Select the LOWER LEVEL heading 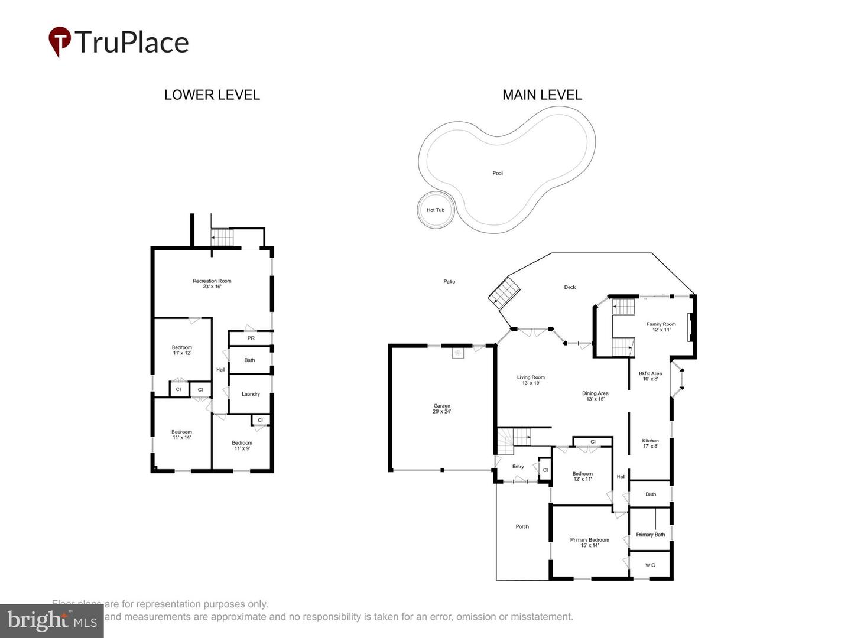(x=212, y=95)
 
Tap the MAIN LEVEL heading (x=542, y=95)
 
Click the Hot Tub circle (x=436, y=210)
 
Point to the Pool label (x=498, y=173)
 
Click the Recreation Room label (x=212, y=284)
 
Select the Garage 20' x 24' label (x=441, y=409)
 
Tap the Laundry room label (x=251, y=394)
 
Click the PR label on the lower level (x=251, y=338)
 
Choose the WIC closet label (x=650, y=565)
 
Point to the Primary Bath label (x=650, y=535)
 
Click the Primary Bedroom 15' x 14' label (x=589, y=542)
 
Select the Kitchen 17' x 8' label (x=650, y=443)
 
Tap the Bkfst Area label (x=650, y=376)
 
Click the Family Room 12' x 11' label (x=661, y=327)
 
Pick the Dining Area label (x=595, y=396)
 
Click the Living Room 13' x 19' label (x=531, y=380)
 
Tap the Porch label (x=522, y=526)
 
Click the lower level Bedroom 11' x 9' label (x=242, y=445)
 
